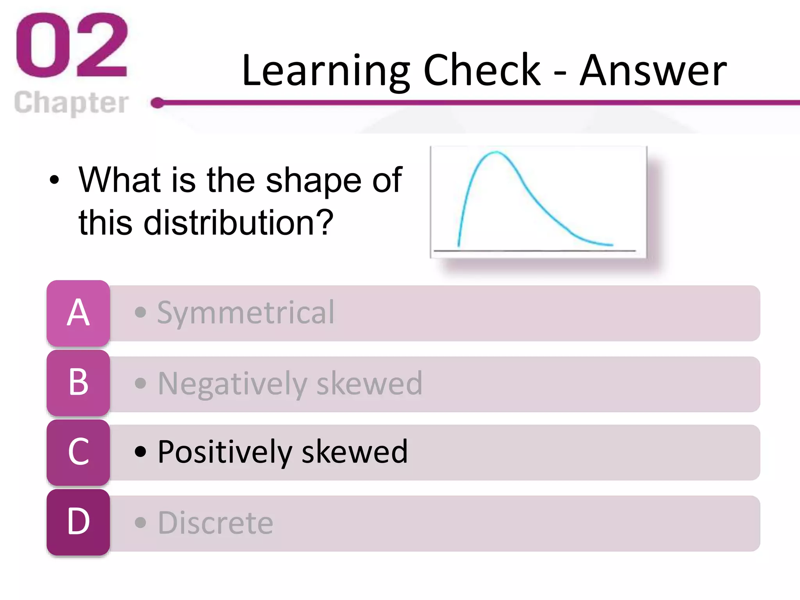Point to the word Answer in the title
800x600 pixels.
653,71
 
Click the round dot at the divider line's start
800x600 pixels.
157,103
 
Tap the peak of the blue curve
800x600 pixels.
496,152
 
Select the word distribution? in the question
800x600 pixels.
238,223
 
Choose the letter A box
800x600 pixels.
78,313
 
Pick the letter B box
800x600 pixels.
78,382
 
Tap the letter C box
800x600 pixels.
78,452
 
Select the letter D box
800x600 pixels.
78,522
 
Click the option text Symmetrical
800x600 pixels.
246,313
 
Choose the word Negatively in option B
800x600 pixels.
232,384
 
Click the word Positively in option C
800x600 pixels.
225,452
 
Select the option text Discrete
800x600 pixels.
216,523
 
